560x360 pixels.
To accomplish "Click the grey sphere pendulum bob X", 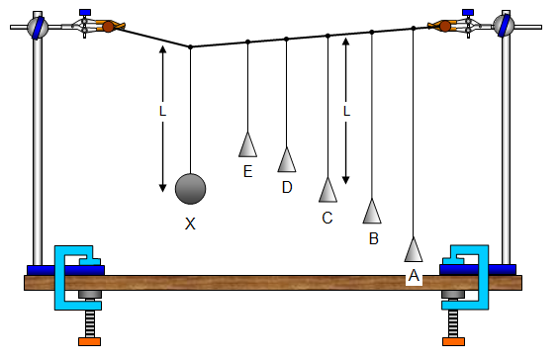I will pyautogui.click(x=190, y=187).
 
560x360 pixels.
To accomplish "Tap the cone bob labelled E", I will pyautogui.click(x=247, y=144).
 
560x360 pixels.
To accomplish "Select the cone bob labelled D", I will pyautogui.click(x=287, y=158).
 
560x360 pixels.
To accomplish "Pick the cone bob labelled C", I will pyautogui.click(x=327, y=188).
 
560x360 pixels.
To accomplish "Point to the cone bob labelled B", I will pyautogui.click(x=372, y=211).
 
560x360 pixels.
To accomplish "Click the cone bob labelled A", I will pyautogui.click(x=414, y=250).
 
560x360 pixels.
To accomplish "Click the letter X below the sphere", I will pyautogui.click(x=190, y=224).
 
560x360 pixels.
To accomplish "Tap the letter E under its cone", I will pyautogui.click(x=247, y=172).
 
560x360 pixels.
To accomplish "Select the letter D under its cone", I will pyautogui.click(x=287, y=187).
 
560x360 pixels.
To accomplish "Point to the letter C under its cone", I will pyautogui.click(x=327, y=218).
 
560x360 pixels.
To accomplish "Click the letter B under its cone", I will pyautogui.click(x=373, y=238).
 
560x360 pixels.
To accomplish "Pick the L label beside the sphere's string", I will pyautogui.click(x=162, y=112).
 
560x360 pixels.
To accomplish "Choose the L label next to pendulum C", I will pyautogui.click(x=346, y=112).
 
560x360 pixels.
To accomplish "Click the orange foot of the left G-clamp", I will pyautogui.click(x=90, y=342).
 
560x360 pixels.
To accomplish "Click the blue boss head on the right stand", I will pyautogui.click(x=506, y=26).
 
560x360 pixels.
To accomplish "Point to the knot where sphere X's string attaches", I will pyautogui.click(x=190, y=46).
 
